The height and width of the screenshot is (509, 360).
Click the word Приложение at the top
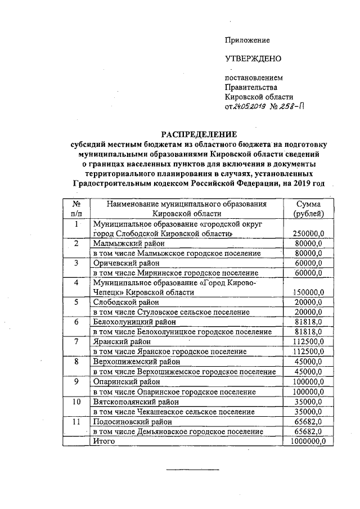pos(247,40)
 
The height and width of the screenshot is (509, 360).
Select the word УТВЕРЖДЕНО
pos(253,58)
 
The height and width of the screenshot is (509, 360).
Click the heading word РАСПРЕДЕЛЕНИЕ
pos(200,134)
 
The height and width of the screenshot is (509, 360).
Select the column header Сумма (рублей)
pos(308,209)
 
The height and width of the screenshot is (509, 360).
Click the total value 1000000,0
pos(307,441)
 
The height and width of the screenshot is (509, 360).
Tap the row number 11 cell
pos(76,421)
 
